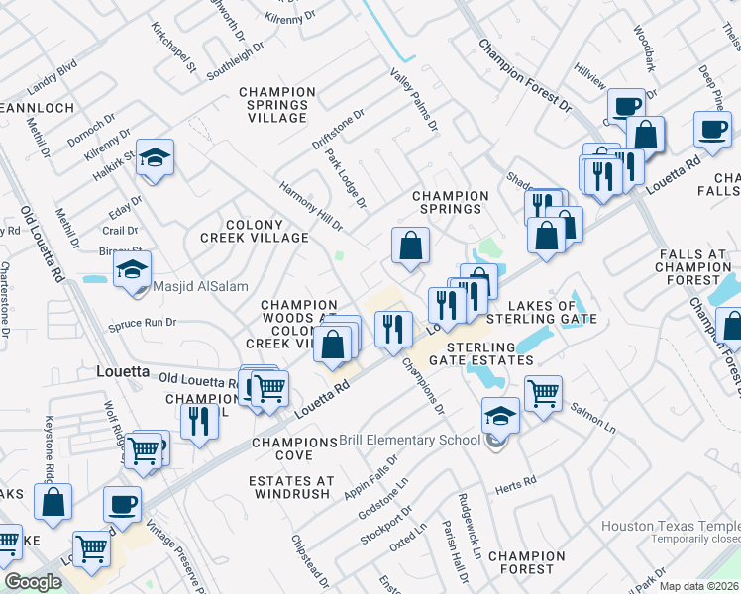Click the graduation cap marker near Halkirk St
pyautogui.click(x=155, y=158)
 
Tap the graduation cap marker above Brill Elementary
pyautogui.click(x=501, y=416)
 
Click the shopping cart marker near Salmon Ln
pyautogui.click(x=543, y=393)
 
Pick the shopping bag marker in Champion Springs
pyautogui.click(x=410, y=246)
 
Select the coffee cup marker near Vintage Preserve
pyautogui.click(x=123, y=505)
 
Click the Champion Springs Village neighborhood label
pyautogui.click(x=277, y=105)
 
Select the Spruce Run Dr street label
pyautogui.click(x=143, y=323)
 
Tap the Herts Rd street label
pyautogui.click(x=516, y=482)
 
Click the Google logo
pyautogui.click(x=33, y=583)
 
